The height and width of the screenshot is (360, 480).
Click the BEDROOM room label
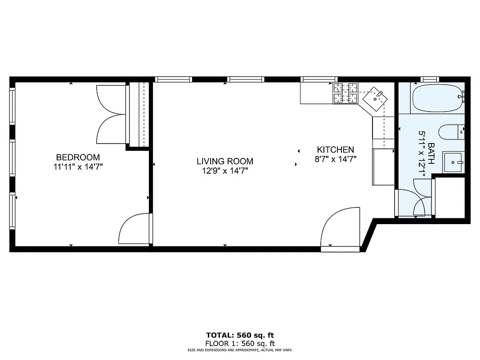78,157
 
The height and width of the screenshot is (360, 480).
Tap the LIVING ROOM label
224,161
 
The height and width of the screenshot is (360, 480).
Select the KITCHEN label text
335,150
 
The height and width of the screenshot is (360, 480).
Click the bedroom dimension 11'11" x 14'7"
78,166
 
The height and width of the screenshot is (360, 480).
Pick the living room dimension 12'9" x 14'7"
224,171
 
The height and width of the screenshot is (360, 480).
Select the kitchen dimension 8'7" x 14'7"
335,159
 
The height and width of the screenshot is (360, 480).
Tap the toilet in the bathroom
450,132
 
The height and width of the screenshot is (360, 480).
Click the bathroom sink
453,162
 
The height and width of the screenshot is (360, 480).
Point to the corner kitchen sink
375,98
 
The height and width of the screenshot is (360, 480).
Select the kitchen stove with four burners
345,93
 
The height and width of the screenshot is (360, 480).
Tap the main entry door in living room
340,228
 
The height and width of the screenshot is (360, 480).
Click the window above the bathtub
429,79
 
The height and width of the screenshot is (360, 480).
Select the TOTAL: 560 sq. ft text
240,335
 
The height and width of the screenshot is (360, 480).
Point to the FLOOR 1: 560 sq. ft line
240,343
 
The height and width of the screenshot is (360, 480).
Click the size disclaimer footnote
240,350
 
